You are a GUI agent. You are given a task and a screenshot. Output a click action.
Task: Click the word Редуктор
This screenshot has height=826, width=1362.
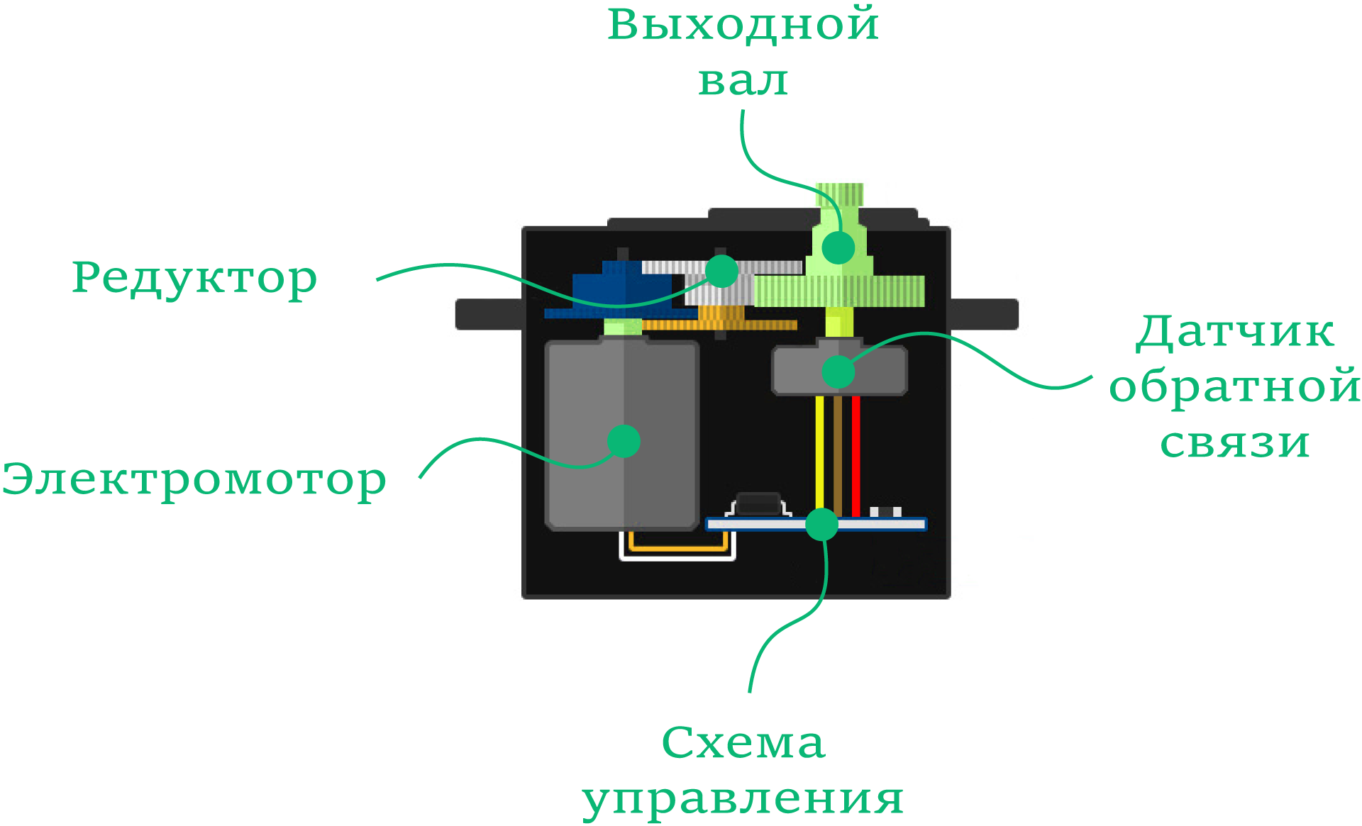[194, 279]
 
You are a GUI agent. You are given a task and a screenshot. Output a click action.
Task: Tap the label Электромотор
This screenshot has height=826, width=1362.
[194, 481]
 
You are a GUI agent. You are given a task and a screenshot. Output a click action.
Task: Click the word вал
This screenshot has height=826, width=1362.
[743, 81]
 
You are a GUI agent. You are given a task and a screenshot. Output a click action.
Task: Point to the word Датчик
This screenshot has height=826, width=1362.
[1235, 333]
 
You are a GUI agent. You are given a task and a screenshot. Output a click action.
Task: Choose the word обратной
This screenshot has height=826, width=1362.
[1235, 388]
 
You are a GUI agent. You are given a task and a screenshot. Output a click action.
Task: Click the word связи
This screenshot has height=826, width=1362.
[1235, 443]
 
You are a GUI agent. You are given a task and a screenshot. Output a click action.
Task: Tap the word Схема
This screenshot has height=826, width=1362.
[743, 742]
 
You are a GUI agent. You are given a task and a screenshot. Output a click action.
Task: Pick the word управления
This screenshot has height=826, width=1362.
[743, 800]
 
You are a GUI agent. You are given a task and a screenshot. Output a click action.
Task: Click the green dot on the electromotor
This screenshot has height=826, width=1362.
[624, 441]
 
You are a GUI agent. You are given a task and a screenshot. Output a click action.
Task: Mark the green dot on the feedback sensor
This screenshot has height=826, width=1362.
[838, 372]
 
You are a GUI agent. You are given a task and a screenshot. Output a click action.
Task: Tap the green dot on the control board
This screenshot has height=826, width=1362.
[822, 525]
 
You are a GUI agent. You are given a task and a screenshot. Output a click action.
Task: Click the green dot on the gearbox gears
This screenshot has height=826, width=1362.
[722, 271]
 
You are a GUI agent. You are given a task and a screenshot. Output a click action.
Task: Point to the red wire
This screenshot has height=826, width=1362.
[856, 456]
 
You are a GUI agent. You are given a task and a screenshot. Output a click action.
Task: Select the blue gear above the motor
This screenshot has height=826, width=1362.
[621, 290]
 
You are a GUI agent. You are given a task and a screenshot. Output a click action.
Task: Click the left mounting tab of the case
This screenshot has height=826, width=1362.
[489, 314]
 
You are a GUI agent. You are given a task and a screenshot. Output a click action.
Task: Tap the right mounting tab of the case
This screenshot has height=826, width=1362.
[983, 314]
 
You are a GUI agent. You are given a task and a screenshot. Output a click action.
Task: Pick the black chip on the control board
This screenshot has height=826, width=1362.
[759, 504]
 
